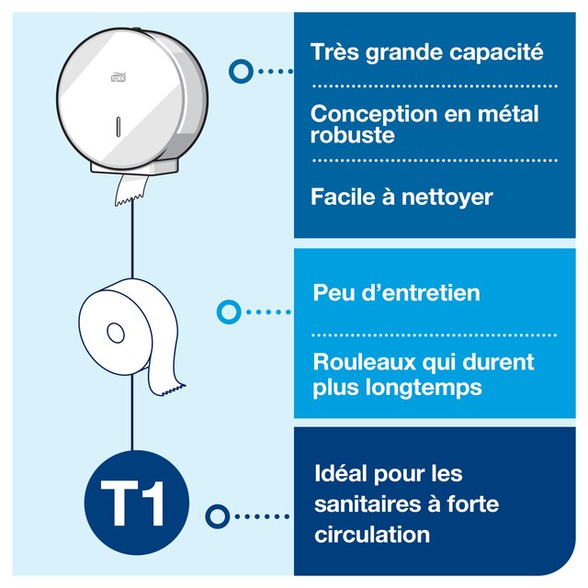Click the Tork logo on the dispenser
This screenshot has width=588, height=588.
[119, 77]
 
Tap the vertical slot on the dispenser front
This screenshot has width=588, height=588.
[119, 127]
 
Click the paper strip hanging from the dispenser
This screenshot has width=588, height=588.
[131, 190]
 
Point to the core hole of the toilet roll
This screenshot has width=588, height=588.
[116, 333]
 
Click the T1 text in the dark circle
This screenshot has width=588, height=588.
[132, 503]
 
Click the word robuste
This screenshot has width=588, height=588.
[353, 135]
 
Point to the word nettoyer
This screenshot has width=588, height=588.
[447, 198]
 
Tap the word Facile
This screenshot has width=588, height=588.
[343, 196]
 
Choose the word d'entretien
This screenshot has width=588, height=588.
[421, 292]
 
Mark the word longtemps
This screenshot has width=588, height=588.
[424, 388]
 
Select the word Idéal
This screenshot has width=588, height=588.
[341, 473]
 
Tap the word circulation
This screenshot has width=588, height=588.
[372, 535]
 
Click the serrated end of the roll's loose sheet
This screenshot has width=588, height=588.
[174, 390]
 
